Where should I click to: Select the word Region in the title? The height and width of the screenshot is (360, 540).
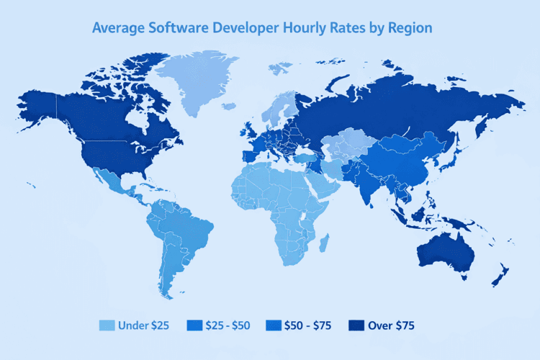[x=406, y=29]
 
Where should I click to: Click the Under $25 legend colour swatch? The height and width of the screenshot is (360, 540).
[x=107, y=325]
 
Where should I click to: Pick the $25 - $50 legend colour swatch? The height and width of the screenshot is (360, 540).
[x=194, y=325]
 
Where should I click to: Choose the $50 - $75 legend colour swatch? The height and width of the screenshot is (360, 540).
[x=274, y=325]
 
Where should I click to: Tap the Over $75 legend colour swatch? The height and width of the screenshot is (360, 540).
[x=356, y=325]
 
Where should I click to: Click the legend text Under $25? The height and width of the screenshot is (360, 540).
[x=144, y=325]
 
